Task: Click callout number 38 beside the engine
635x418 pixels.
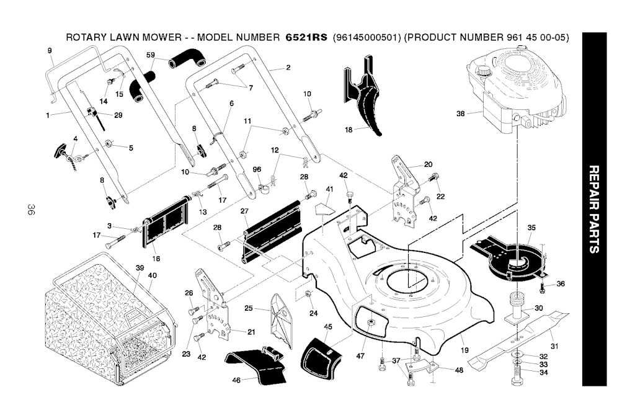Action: click(460, 113)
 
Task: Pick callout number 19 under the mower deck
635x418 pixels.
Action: click(464, 350)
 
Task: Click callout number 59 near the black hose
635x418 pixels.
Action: click(151, 56)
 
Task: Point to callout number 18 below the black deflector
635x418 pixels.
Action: click(349, 130)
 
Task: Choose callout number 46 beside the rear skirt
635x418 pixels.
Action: click(236, 380)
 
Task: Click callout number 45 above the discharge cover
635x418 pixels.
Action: click(328, 327)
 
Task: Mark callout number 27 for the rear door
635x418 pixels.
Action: click(244, 211)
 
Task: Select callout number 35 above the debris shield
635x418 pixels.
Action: click(531, 228)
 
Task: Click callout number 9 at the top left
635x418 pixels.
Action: click(49, 50)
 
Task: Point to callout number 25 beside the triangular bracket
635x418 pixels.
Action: click(248, 308)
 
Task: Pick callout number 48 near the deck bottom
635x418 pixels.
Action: click(459, 370)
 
